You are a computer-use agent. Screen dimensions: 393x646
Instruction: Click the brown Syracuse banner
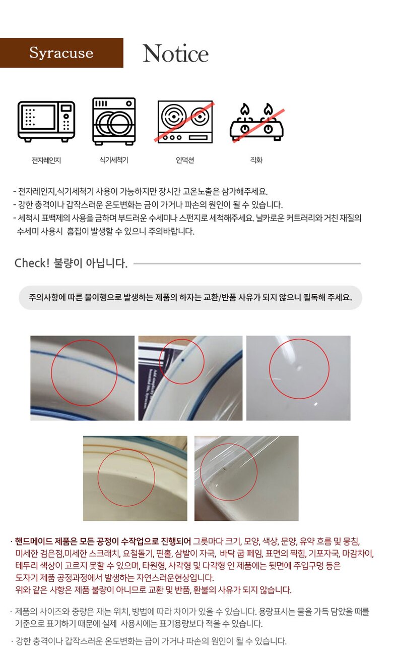click(x=61, y=53)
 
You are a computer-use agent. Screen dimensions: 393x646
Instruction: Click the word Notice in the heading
click(x=175, y=53)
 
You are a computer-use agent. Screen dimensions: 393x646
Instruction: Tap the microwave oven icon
click(x=46, y=122)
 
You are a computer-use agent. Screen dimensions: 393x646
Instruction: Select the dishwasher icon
click(x=114, y=122)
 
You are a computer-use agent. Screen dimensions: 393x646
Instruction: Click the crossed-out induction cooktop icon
click(x=185, y=122)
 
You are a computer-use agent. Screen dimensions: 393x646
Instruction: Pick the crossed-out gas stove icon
click(x=257, y=123)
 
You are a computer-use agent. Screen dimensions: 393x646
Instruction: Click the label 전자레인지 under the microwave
click(x=46, y=160)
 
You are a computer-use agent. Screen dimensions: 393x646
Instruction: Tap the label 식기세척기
click(x=114, y=160)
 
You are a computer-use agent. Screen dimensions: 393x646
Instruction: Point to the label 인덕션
click(x=185, y=160)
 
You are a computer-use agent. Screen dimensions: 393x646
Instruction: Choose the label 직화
click(x=256, y=160)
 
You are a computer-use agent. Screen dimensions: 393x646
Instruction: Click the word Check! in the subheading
click(x=32, y=263)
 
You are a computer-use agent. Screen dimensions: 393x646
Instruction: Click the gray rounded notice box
click(x=190, y=298)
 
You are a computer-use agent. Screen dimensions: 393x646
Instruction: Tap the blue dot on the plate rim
click(x=183, y=360)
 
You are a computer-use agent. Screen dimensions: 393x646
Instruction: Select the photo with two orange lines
click(x=135, y=478)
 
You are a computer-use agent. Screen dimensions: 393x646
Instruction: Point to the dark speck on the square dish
click(x=223, y=469)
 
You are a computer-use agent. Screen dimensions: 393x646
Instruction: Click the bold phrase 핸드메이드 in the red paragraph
click(x=34, y=542)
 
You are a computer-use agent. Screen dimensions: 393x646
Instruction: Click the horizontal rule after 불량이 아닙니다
click(x=247, y=263)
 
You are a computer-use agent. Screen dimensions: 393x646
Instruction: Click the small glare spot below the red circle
click(x=315, y=404)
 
